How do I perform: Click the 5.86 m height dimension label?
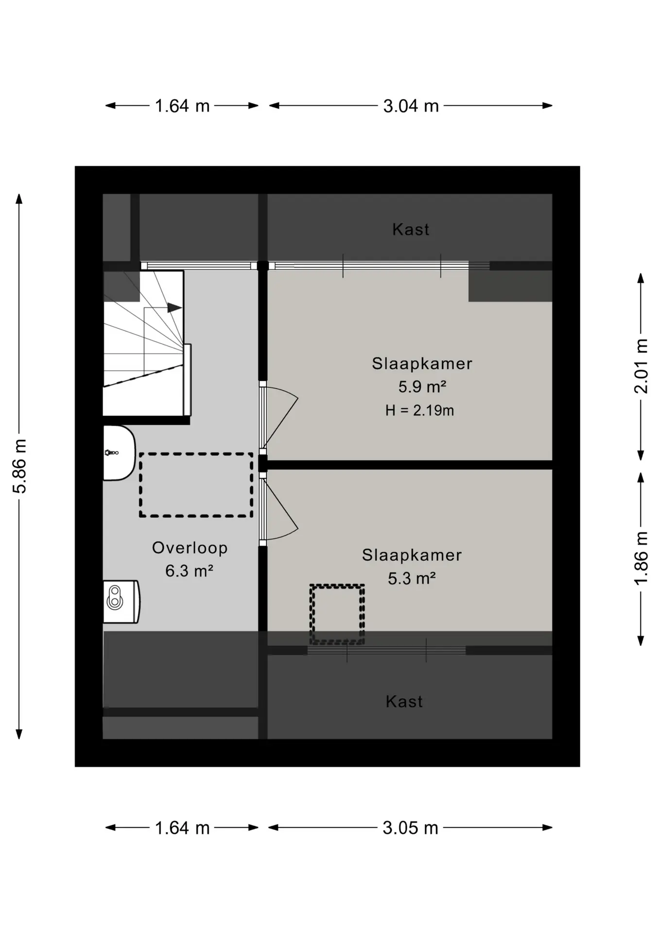(19, 466)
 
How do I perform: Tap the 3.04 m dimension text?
(411, 106)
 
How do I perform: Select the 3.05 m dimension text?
(410, 828)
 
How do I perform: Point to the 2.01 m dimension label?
(642, 366)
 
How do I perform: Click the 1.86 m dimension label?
(642, 558)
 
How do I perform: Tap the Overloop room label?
(190, 548)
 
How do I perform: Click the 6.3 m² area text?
(189, 570)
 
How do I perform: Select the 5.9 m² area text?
(422, 387)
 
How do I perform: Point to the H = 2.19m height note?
(419, 411)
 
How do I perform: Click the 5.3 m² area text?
(412, 578)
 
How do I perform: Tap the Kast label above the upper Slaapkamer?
(411, 229)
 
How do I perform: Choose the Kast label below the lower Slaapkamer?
(404, 702)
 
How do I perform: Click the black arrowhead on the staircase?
(174, 308)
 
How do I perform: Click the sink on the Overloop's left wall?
(119, 453)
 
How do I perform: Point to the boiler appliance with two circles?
(121, 602)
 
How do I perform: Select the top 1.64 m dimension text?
(182, 106)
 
